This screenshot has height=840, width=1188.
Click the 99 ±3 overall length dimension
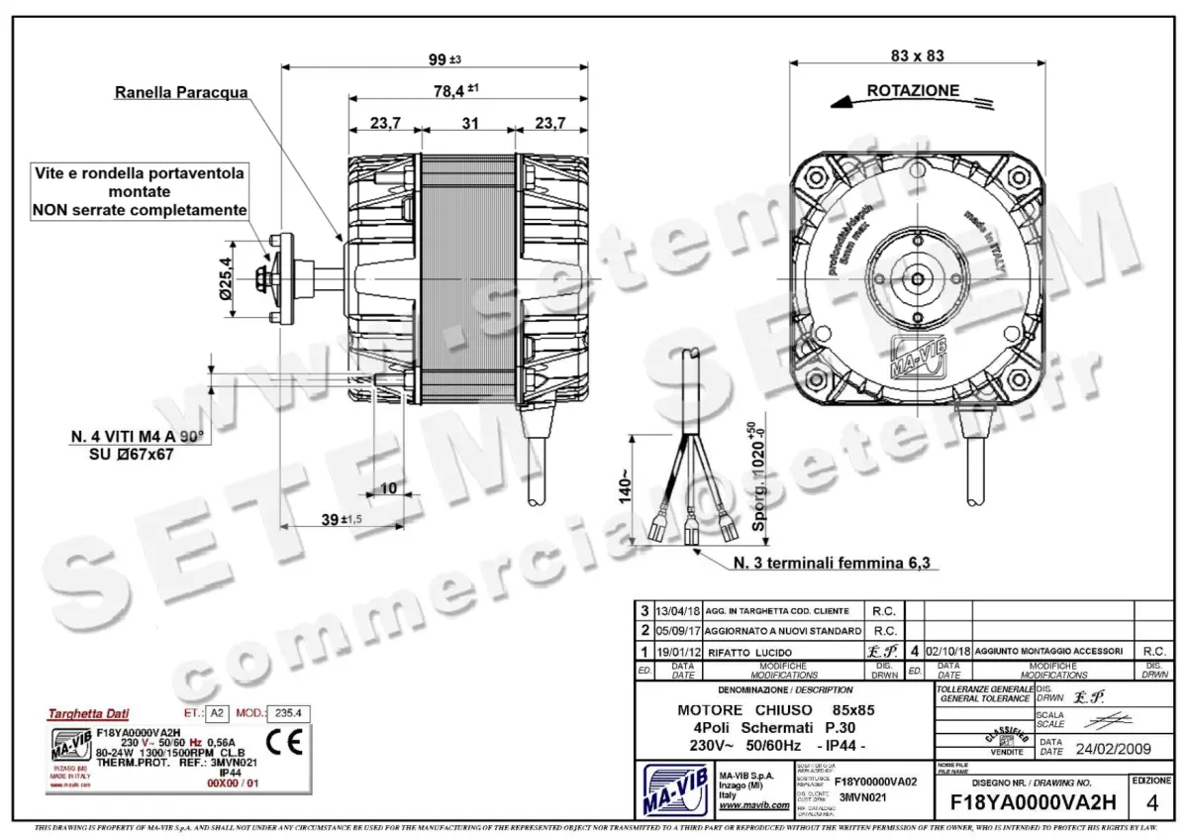coord(444,59)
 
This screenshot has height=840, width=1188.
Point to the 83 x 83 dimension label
coord(917,55)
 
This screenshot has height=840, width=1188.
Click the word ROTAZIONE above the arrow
coord(913,90)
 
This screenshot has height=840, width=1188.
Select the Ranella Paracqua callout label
coord(181,93)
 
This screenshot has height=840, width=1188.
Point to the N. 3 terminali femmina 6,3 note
coord(833,563)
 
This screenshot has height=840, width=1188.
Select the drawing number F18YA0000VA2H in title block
coord(1033,800)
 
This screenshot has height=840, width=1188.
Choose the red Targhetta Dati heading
coord(88,713)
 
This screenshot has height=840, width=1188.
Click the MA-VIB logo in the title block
coord(674,789)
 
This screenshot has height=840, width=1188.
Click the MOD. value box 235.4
coord(292,712)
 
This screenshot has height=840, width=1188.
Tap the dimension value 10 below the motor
coord(388,488)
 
